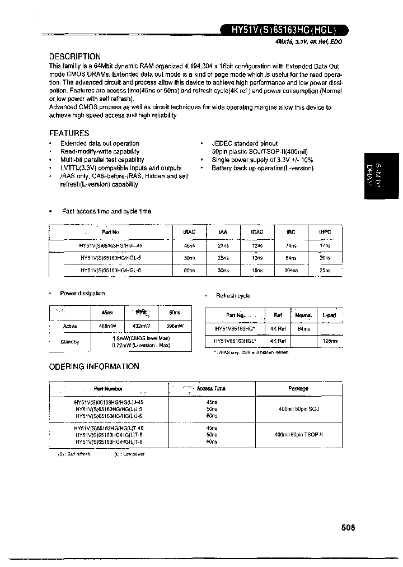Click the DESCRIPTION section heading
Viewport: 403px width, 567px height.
click(75, 57)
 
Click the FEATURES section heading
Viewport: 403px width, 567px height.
click(69, 133)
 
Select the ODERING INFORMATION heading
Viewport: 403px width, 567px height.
click(94, 366)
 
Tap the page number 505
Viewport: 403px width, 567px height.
click(347, 527)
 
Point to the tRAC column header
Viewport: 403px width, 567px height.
click(190, 232)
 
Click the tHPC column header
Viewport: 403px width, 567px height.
click(325, 232)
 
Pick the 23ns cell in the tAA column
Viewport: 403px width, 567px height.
click(223, 245)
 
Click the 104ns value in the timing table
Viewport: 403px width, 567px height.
click(291, 270)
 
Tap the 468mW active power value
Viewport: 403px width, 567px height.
click(106, 326)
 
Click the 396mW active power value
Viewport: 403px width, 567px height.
click(175, 326)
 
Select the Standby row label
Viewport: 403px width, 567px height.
click(70, 341)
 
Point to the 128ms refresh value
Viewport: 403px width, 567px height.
click(330, 341)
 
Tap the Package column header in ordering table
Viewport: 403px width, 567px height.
click(298, 388)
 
